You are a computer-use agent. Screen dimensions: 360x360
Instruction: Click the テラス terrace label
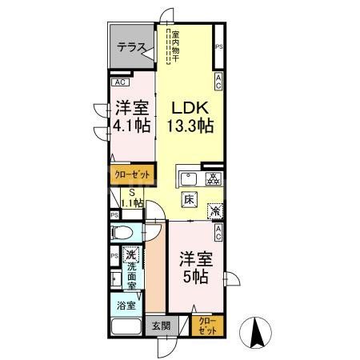[x=130, y=47]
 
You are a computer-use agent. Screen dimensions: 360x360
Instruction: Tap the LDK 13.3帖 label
[x=189, y=116]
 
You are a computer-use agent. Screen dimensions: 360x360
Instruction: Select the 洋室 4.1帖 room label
[x=131, y=117]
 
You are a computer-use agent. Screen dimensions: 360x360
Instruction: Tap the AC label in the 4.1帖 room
[x=118, y=82]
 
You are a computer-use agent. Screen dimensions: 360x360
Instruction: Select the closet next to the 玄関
[x=208, y=326]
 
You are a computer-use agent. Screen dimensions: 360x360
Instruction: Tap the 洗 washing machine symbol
[x=130, y=257]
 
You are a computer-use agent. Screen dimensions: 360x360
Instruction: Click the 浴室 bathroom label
[x=126, y=305]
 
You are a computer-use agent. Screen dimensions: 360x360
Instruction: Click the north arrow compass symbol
[x=258, y=332]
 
